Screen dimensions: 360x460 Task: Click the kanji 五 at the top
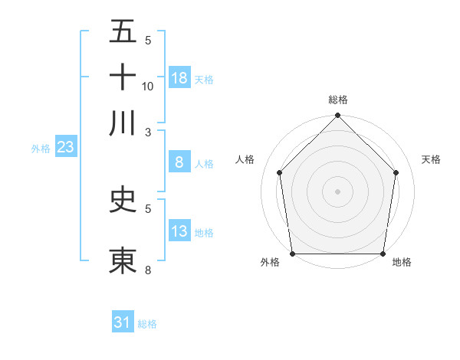123,32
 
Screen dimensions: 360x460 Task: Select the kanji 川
123,123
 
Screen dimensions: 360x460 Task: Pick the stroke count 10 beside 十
148,86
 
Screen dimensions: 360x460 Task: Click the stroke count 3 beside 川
148,131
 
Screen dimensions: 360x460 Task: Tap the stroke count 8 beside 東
148,269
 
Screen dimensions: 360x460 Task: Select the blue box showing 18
179,77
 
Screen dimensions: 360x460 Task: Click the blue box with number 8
179,162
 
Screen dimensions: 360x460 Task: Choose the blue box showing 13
179,231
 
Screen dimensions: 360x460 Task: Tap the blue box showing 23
65,147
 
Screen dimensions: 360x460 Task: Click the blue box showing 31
123,322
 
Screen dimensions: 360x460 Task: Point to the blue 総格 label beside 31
147,324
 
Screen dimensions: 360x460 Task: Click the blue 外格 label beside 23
40,149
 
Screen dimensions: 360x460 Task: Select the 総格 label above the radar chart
338,100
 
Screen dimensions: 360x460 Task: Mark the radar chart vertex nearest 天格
396,172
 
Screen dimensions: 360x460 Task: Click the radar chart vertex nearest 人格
279,172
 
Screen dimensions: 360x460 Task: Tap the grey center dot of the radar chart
338,191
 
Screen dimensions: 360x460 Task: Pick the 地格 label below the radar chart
402,263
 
